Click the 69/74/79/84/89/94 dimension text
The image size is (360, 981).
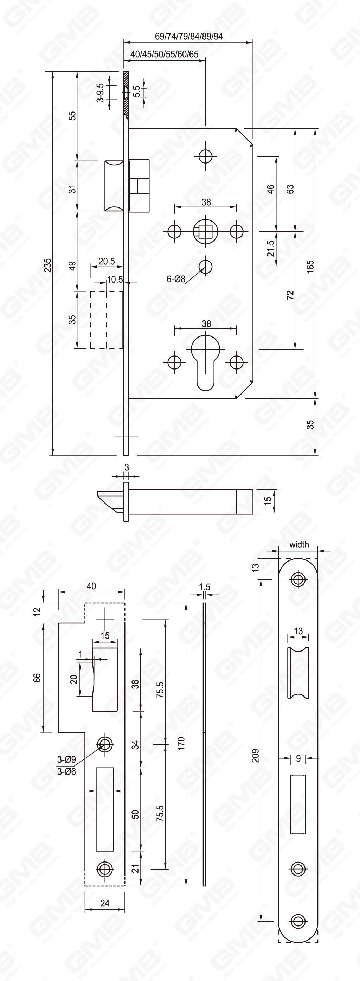188,37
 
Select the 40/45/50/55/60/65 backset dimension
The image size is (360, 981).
164,54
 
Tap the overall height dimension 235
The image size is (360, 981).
47,265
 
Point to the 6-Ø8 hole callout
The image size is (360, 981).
176,279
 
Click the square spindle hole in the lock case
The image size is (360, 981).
206,231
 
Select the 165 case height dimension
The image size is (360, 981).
310,265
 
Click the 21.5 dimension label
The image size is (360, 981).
270,248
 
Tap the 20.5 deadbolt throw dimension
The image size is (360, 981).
106,262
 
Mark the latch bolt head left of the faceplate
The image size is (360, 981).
114,185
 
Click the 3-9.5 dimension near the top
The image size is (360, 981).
100,92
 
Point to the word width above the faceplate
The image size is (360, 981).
299,545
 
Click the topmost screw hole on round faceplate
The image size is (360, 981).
298,579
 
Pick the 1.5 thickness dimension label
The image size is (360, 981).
205,587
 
